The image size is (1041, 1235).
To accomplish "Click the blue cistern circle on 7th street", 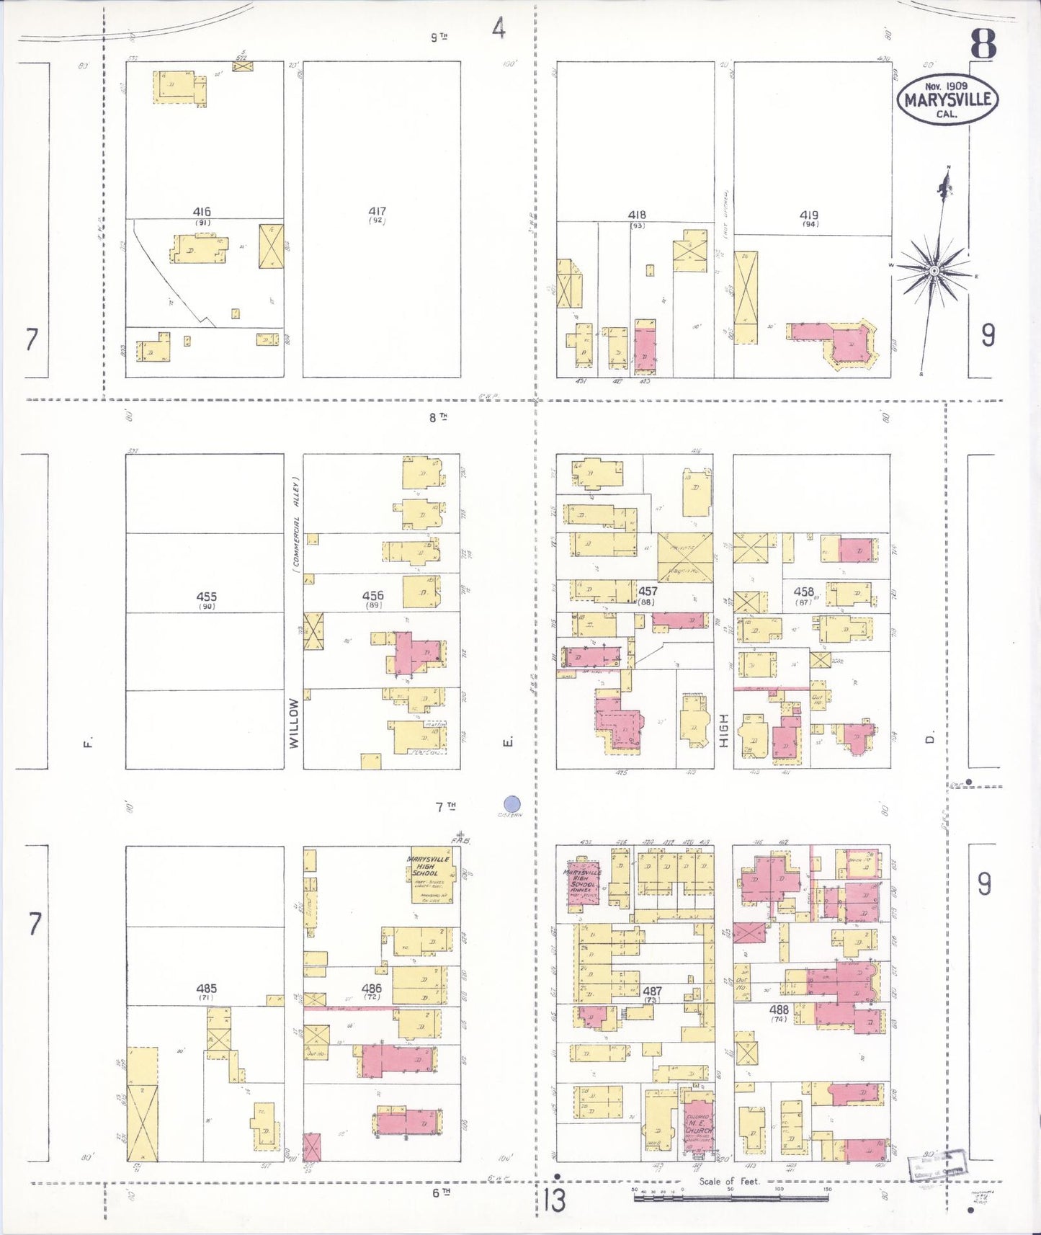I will pos(511,804).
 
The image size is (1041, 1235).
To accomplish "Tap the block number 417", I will pos(377,212).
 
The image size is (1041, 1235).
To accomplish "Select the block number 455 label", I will pos(206,597).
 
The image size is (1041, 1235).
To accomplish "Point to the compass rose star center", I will pos(934,271).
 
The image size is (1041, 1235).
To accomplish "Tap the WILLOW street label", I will pos(294,723).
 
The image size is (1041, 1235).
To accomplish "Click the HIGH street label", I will pos(724,730).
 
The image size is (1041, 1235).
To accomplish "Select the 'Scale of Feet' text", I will pos(729,1181).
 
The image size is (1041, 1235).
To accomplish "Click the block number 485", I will pos(206,989).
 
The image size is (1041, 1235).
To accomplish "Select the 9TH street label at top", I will pos(439,37).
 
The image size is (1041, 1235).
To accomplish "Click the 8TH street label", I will pos(438,417).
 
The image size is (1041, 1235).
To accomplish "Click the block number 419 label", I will pos(809,215).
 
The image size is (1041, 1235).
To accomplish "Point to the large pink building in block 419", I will pos(850,343).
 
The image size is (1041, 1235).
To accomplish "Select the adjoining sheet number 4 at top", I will pos(499,28).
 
